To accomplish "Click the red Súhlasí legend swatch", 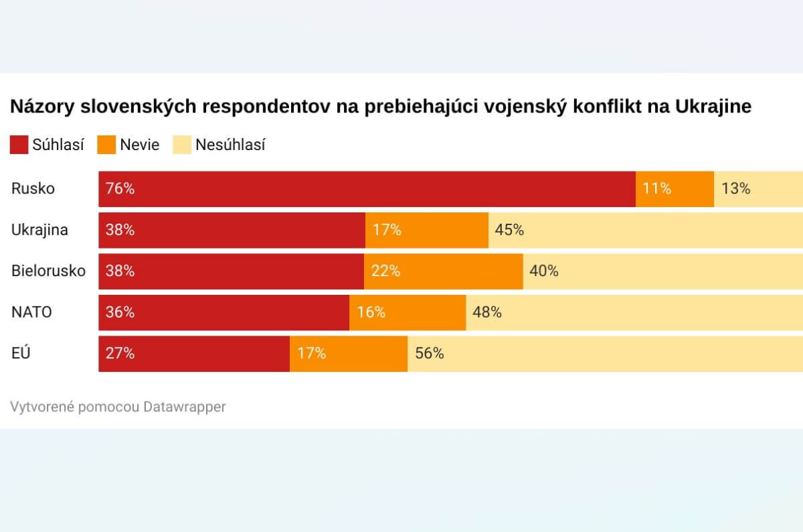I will pos(19,145).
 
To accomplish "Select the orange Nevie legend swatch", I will pos(106,145).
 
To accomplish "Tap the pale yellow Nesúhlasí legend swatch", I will pos(182,145).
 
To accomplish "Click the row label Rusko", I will pos(33,189).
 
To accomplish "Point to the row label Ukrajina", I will pos(39,230).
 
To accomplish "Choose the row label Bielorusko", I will pos(48,271).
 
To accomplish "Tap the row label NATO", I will pos(31,312).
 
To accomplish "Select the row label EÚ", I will pos(21,353).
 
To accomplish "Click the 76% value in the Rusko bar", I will pos(120,189).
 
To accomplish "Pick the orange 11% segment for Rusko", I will pos(675,189).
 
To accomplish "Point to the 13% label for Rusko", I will pos(735,189).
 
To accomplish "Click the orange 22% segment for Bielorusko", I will pos(443,271).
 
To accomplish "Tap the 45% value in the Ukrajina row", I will pos(509,230).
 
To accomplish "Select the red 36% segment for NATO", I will pos(224,312).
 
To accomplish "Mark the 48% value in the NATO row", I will pos(487,312).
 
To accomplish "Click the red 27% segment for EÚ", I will pos(194,353).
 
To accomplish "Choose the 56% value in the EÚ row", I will pos(430,353).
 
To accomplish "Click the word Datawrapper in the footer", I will pos(185,407).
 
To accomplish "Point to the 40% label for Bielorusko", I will pos(544,271).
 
